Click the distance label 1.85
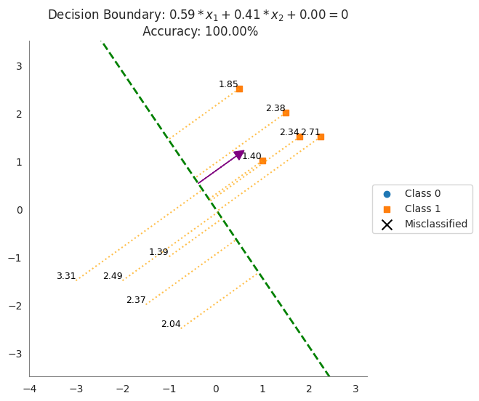[228, 85]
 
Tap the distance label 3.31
[66, 277]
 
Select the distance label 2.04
[171, 325]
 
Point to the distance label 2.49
[113, 277]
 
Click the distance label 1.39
[158, 253]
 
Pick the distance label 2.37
[136, 301]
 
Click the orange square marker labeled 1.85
[239, 89]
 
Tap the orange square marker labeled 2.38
[286, 113]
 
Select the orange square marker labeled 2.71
[321, 137]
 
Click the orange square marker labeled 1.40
[262, 161]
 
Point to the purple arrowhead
[238, 155]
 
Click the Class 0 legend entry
[422, 194]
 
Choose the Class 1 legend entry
[422, 209]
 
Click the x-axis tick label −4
[30, 389]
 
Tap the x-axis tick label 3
[355, 389]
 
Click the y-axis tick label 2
[20, 114]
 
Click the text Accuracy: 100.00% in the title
[200, 31]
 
